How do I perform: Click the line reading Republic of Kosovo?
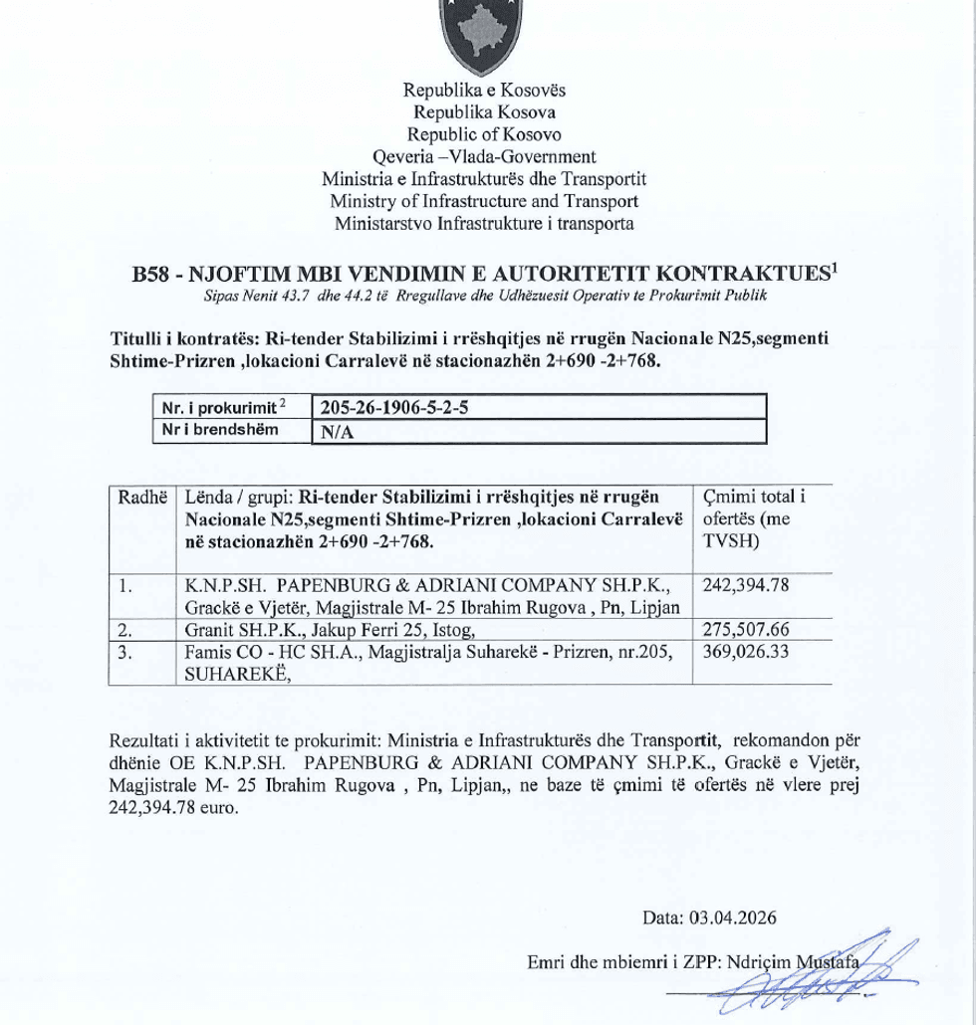point(484,134)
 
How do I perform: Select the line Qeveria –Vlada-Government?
point(484,156)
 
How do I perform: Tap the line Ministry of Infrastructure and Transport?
point(484,201)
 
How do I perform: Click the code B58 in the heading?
point(150,275)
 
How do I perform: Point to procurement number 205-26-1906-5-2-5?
point(394,408)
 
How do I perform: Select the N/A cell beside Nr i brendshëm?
point(334,432)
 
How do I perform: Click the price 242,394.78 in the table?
point(746,585)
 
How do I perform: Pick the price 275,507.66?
point(746,630)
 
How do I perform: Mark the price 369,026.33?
point(746,652)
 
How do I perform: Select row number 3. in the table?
point(125,652)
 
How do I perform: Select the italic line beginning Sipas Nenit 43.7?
point(484,297)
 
